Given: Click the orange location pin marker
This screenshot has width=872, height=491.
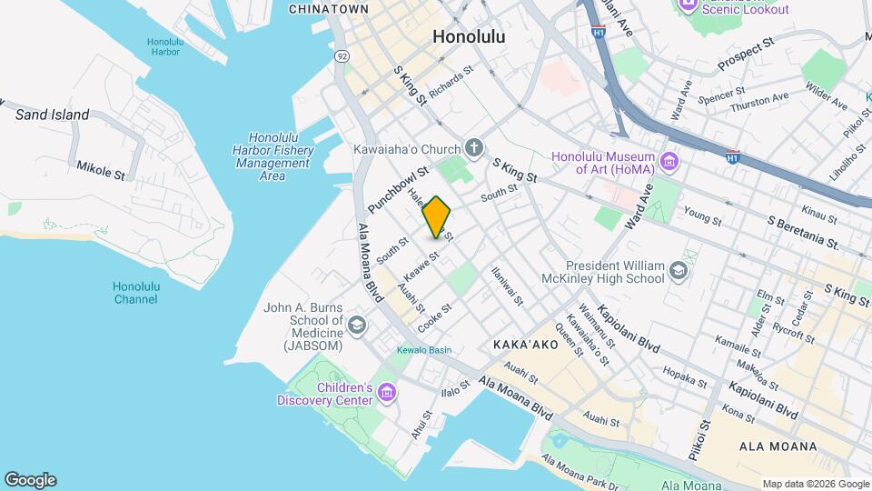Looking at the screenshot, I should (436, 216).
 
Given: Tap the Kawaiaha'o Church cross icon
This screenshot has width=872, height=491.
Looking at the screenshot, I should (473, 147).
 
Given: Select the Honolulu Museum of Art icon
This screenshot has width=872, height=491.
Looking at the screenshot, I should (670, 162).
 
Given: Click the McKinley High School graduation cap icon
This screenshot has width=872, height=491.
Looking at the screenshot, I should (678, 270).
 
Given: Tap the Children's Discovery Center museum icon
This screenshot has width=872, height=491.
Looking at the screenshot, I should (388, 393).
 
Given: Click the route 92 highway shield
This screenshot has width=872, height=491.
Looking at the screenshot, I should (342, 55).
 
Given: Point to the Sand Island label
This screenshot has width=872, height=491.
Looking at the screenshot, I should (53, 115).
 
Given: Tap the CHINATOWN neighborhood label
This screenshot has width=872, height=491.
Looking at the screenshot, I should (328, 9).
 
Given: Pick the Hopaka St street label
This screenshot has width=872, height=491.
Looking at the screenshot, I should (679, 374).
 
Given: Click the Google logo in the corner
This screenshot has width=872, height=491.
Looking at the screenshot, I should (30, 480).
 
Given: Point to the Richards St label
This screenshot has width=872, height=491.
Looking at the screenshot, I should (451, 83).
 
